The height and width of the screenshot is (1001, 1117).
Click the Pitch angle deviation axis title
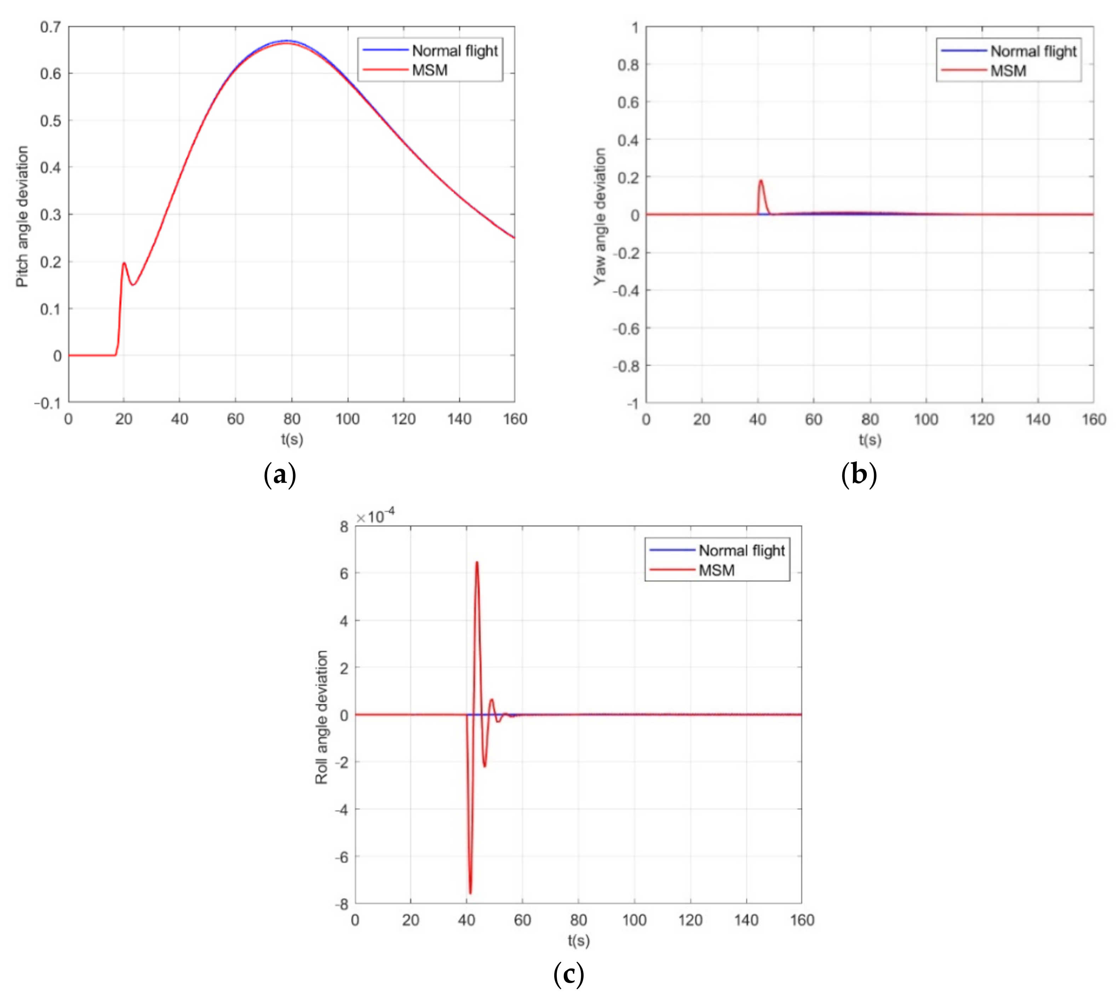[x=22, y=216]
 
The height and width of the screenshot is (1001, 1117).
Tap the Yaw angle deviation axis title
[x=600, y=216]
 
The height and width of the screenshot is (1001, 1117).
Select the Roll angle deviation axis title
[x=321, y=717]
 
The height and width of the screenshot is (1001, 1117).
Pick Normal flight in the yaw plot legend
[x=1033, y=51]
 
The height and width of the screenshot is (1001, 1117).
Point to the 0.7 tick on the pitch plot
[x=50, y=27]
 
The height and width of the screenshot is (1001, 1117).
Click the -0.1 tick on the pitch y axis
[x=47, y=403]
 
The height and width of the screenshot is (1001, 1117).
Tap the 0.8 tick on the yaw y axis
[x=628, y=65]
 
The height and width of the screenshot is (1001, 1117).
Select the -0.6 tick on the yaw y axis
[x=626, y=328]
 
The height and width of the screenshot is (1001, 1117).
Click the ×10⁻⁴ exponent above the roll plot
[x=376, y=516]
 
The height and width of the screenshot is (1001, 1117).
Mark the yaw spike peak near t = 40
[x=761, y=181]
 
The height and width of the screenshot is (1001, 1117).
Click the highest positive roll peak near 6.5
[x=477, y=562]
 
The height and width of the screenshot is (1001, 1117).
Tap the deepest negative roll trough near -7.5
[x=470, y=893]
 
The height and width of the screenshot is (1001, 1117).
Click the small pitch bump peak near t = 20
[x=124, y=263]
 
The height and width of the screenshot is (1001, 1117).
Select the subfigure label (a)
[x=280, y=474]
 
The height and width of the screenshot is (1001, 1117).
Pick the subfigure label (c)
[x=568, y=974]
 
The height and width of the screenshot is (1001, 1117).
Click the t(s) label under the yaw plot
[x=870, y=440]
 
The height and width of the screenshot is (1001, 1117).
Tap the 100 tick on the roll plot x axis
[x=634, y=920]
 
